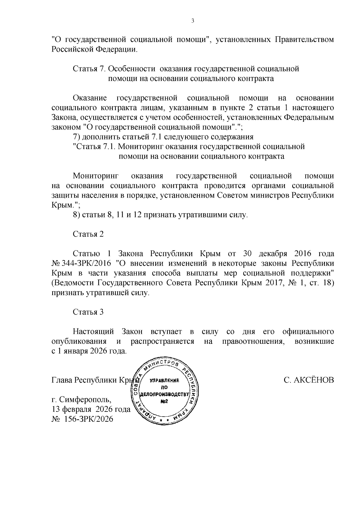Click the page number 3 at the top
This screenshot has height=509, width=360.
click(x=193, y=21)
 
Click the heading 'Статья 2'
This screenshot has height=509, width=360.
click(x=88, y=234)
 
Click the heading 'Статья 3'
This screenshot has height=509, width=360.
click(x=88, y=312)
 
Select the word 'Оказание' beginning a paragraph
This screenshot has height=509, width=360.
click(x=90, y=98)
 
